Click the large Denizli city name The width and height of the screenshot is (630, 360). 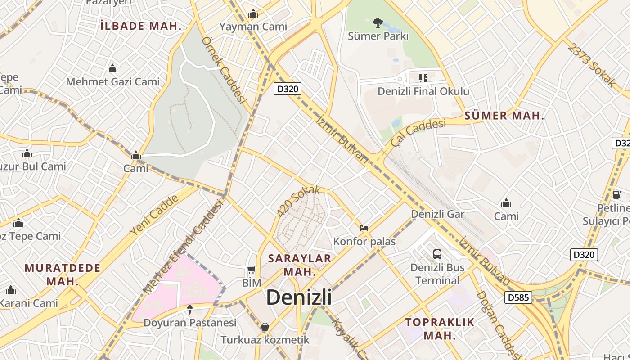299,297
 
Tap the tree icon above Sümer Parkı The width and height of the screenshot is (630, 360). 378,22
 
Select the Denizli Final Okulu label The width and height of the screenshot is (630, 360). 423,91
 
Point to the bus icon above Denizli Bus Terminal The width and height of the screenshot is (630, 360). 437,254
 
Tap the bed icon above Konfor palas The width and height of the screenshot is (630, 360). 364,228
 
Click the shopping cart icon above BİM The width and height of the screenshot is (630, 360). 252,270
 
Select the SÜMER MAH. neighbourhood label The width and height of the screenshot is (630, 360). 504,116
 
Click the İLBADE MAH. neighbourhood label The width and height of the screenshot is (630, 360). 141,26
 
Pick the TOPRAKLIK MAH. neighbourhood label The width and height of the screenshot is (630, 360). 440,328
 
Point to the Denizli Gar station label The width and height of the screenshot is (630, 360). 437,214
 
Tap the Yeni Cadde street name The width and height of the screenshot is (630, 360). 154,216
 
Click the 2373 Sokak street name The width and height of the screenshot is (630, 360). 591,64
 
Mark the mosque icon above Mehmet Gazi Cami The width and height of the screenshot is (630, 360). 112,69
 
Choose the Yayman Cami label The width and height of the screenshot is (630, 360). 253,27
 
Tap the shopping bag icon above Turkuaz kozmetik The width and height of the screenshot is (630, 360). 265,327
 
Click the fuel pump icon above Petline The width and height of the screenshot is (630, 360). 617,195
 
